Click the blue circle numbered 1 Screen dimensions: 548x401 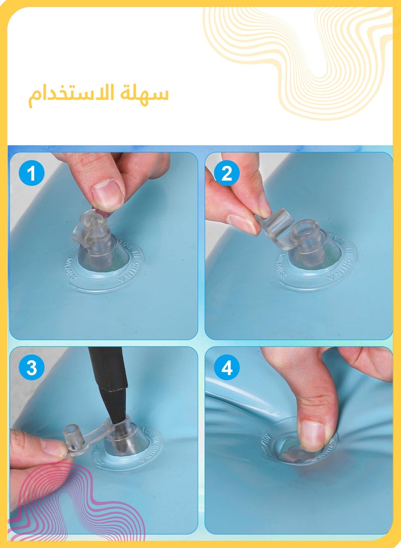(32, 174)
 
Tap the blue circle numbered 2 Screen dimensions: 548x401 (227, 174)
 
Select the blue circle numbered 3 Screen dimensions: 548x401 (32, 368)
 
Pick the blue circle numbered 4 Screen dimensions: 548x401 (227, 368)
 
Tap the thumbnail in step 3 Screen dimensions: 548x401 (53, 446)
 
